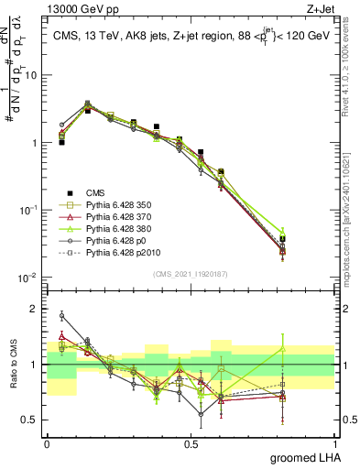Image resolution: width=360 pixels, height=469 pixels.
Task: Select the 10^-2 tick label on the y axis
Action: tap(30, 278)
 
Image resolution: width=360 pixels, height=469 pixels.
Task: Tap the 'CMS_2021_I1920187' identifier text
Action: tap(191, 274)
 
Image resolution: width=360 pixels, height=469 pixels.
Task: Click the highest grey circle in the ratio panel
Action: tap(62, 316)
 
